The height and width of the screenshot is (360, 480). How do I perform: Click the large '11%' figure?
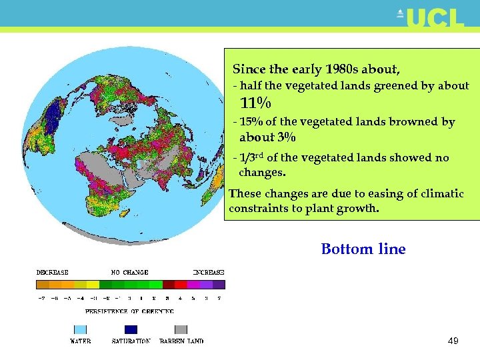tap(255, 103)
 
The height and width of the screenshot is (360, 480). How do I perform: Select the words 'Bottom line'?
tap(363, 249)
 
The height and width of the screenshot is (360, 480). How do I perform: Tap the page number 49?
tap(453, 341)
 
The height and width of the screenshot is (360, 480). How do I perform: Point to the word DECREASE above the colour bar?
tap(52, 272)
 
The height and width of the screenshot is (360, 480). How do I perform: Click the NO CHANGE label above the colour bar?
tap(129, 272)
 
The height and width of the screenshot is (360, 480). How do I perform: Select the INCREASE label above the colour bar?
tap(208, 272)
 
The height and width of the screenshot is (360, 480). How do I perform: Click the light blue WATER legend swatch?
tap(79, 329)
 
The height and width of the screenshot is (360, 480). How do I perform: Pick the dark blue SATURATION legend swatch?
tap(131, 329)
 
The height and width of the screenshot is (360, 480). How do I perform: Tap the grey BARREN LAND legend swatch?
tap(181, 329)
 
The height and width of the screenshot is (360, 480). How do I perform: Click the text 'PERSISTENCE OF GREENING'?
tap(129, 311)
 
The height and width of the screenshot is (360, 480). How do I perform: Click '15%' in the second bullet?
tap(251, 122)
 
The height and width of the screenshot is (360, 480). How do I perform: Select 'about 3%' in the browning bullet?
tap(267, 137)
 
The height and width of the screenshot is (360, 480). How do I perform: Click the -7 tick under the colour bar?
tap(41, 298)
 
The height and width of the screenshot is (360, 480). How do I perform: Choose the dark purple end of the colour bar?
tap(219, 284)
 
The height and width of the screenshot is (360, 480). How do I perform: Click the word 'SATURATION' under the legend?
tap(131, 341)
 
